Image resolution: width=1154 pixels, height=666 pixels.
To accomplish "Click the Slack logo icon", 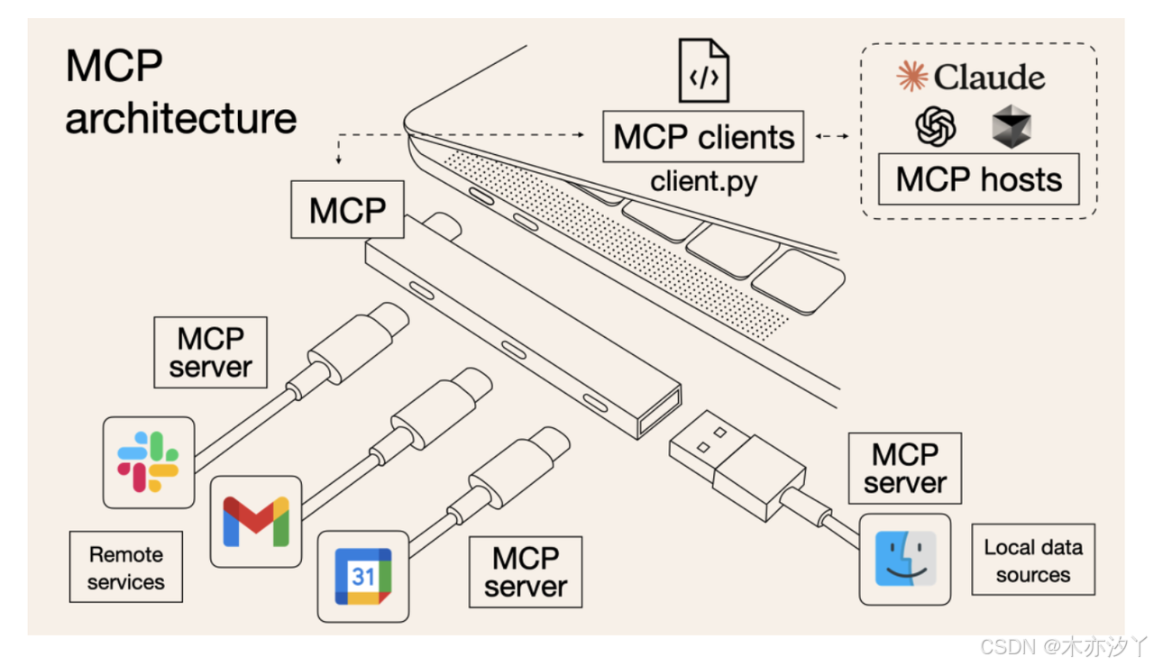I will (149, 461).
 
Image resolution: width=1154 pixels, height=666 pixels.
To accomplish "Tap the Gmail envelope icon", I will (256, 521).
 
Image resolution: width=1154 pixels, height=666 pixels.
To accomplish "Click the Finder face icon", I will (905, 559).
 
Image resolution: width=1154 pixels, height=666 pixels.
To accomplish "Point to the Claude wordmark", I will (972, 78).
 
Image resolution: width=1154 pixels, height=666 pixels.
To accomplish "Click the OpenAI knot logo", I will (936, 126).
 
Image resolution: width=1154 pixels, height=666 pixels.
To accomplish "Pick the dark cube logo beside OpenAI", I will (1012, 126).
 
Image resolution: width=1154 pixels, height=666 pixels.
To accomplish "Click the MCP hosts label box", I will (979, 179).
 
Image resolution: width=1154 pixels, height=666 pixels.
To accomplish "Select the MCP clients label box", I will (703, 137).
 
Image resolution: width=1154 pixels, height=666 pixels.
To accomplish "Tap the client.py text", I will (704, 181).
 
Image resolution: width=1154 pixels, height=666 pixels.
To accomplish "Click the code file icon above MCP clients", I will (703, 70).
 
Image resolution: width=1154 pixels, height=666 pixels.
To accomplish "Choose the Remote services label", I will (126, 568).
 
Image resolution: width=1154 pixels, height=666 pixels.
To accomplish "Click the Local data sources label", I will (1032, 561).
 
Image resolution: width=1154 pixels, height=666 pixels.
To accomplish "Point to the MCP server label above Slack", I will (210, 352).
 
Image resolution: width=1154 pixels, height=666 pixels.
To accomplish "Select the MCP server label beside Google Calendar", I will (526, 572).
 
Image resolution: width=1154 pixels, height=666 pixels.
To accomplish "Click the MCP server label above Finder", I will (904, 468).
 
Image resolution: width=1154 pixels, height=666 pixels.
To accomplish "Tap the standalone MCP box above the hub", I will (347, 210).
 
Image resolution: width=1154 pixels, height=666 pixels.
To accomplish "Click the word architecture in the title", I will (180, 118).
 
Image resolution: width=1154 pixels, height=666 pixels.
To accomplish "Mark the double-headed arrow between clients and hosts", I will (832, 136).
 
